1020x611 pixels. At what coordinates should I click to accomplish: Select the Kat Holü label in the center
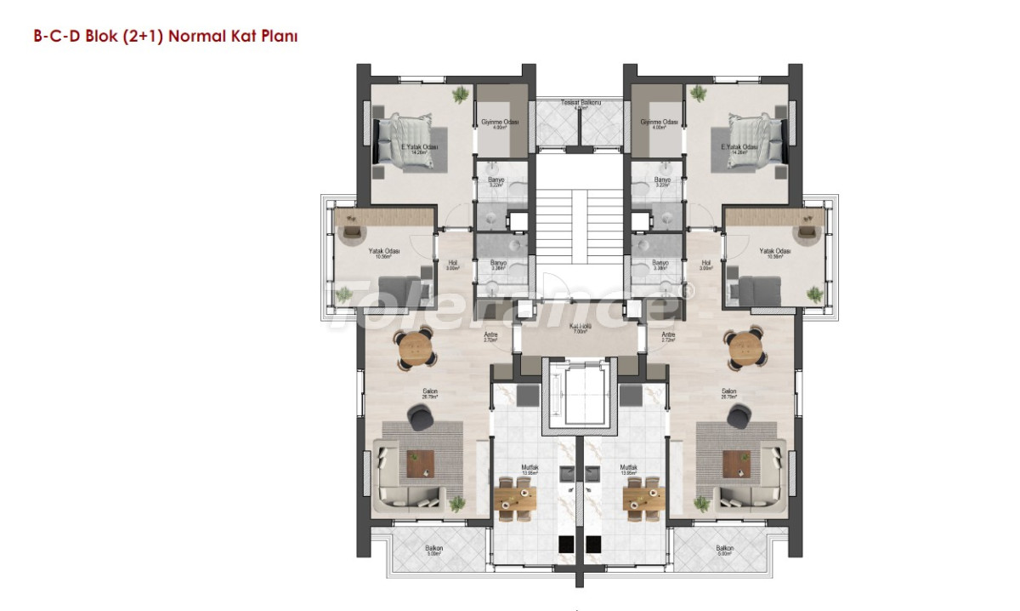pyautogui.click(x=581, y=328)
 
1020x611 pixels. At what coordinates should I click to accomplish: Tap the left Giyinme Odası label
pyautogui.click(x=500, y=123)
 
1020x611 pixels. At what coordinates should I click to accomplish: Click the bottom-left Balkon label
pyautogui.click(x=434, y=550)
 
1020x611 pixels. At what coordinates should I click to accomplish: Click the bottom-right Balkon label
pyautogui.click(x=725, y=550)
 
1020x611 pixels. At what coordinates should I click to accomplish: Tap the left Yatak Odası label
pyautogui.click(x=380, y=252)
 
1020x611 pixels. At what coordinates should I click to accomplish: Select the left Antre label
pyautogui.click(x=490, y=337)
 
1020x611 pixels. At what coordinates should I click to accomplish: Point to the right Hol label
pyautogui.click(x=705, y=263)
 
